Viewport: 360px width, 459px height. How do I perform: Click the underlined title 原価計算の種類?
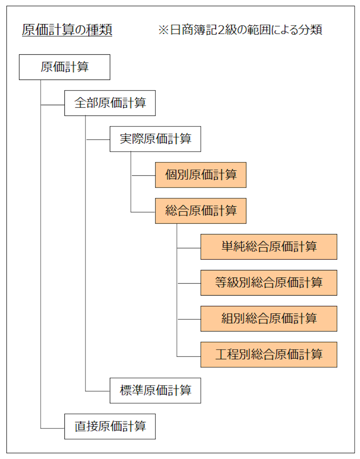[67, 30]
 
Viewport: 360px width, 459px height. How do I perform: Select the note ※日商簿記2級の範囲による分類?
[240, 30]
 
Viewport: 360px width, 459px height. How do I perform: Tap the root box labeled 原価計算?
[64, 67]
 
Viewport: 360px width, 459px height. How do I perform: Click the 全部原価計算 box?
[110, 103]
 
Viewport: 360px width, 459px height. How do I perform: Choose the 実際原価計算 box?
[155, 139]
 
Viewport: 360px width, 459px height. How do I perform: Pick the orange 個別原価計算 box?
[201, 175]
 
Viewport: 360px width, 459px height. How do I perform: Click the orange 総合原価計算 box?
[201, 211]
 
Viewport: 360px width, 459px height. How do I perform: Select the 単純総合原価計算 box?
[269, 247]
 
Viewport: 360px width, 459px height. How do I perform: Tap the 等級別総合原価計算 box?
[269, 283]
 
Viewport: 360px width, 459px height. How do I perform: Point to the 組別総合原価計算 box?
[269, 319]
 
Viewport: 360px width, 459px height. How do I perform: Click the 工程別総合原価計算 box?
[269, 355]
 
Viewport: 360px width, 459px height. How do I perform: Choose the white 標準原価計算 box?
[155, 391]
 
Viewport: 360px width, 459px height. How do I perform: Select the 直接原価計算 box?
[110, 427]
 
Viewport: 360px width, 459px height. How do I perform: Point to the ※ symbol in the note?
[163, 30]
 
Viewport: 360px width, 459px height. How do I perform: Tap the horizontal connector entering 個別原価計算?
[143, 176]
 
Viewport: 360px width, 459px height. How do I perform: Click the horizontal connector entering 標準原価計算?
[98, 391]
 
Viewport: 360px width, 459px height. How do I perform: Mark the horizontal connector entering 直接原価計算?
[53, 428]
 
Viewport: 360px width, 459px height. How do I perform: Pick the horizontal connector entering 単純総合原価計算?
[189, 248]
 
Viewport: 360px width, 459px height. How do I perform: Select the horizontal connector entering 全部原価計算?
[53, 105]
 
